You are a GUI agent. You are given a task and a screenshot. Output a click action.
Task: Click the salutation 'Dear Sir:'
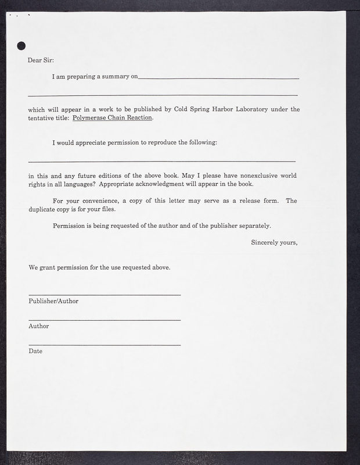(41, 60)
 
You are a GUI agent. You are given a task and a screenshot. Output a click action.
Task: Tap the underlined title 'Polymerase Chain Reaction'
(112, 117)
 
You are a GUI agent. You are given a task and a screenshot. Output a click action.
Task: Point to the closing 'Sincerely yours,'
(274, 242)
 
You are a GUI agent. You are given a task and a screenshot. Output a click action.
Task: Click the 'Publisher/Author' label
(53, 301)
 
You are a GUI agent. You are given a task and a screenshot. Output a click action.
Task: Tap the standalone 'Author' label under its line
(38, 326)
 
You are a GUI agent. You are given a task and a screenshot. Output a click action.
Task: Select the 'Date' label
(35, 351)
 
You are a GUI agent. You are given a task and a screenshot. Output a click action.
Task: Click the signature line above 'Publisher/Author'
(105, 295)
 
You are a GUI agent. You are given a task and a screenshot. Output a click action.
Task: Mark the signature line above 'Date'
(105, 345)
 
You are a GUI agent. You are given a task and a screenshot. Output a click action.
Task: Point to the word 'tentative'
(44, 117)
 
